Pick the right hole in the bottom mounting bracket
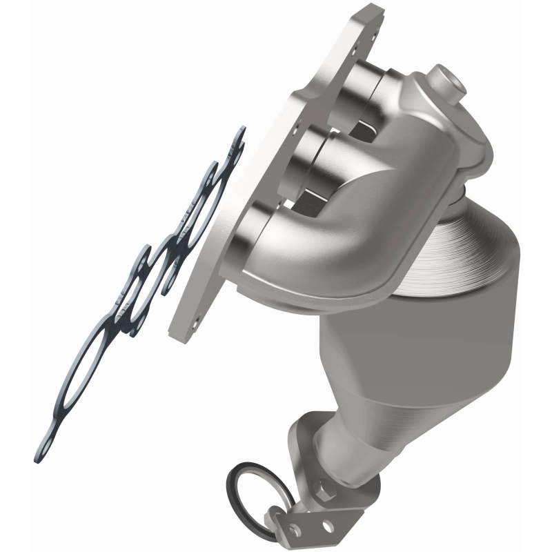click(324, 526)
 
